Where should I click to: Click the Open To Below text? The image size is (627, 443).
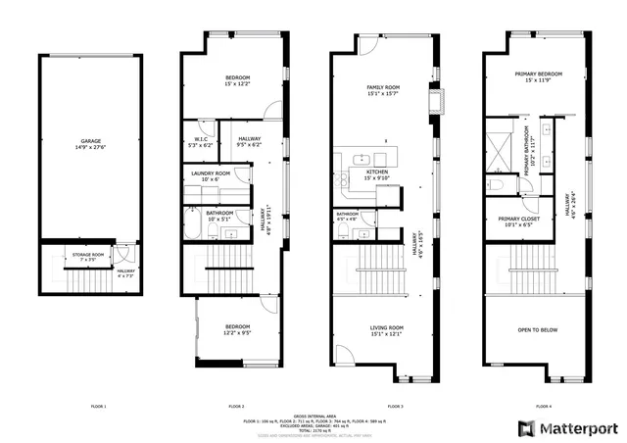tap(537, 330)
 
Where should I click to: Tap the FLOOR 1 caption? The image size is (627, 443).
tap(98, 406)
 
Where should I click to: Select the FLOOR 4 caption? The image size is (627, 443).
tap(543, 406)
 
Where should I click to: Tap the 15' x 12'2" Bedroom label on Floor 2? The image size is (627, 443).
tap(237, 80)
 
